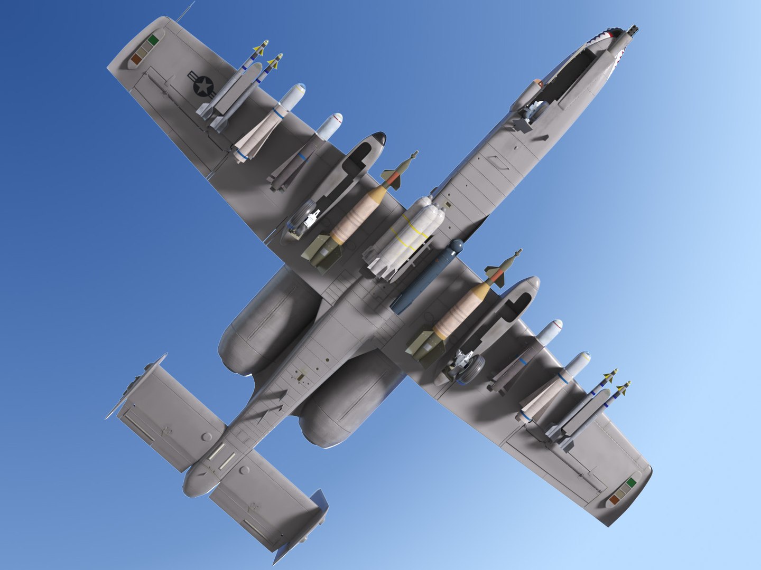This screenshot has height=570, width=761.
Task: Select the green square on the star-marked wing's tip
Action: [x=154, y=39]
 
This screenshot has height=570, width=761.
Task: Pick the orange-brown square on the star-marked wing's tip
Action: [x=136, y=60]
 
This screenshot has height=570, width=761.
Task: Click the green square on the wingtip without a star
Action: [x=631, y=482]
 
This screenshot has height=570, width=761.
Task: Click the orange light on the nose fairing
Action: [x=538, y=82]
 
